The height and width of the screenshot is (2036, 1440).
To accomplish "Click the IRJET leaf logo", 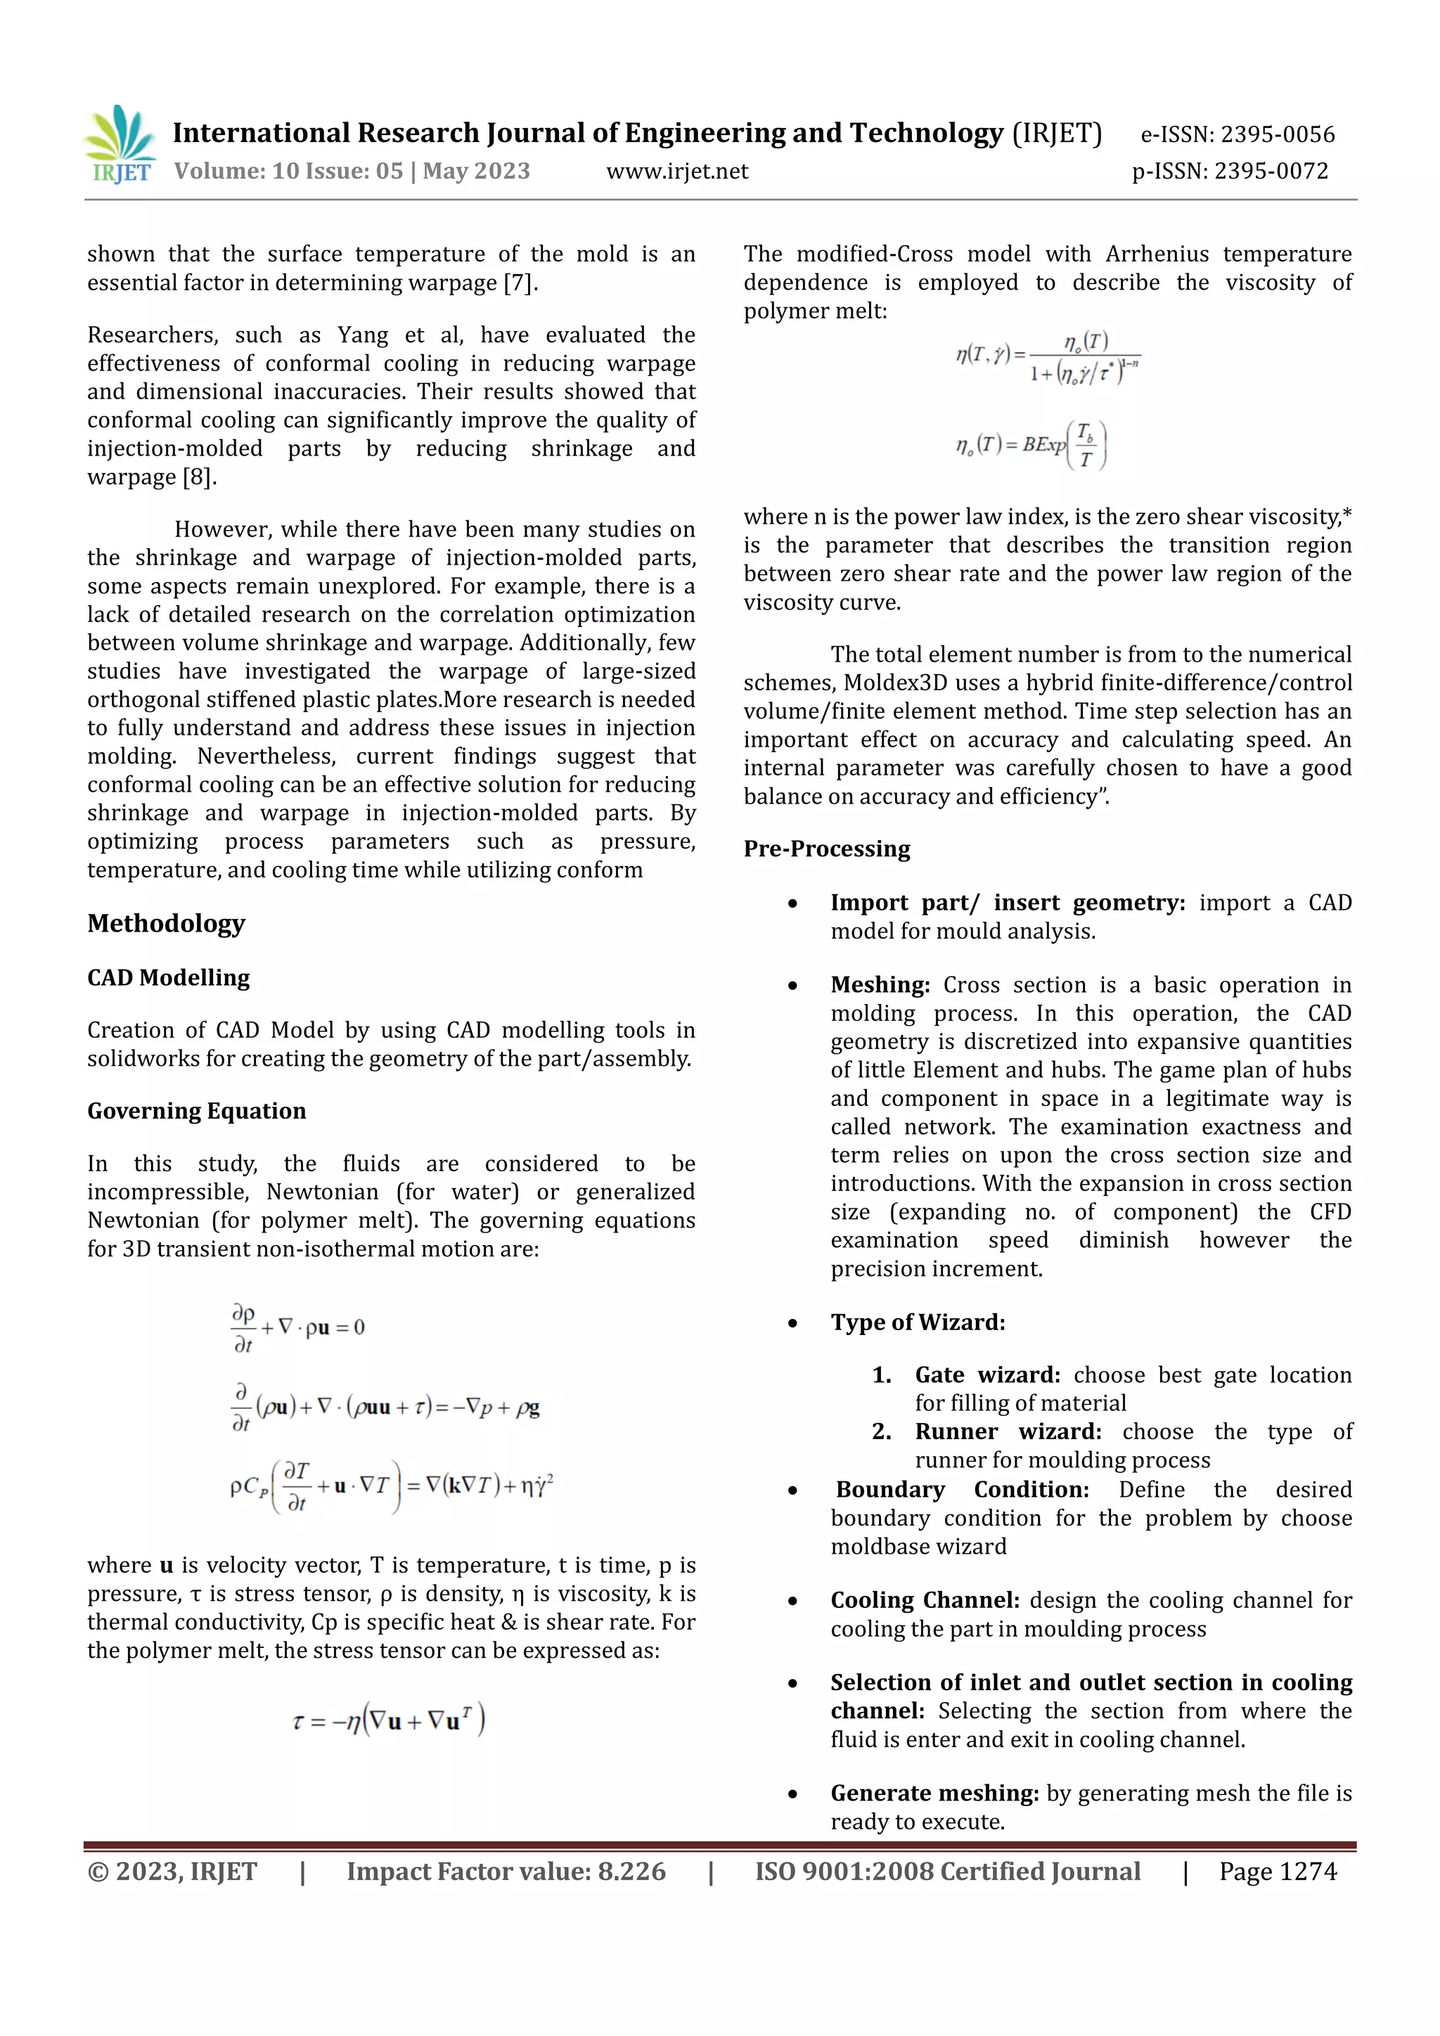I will point(122,143).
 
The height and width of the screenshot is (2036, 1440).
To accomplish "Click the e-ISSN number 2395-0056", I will point(1237,135).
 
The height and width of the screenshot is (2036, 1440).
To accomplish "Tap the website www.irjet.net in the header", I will point(676,171).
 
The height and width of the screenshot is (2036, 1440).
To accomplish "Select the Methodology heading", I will point(166,923).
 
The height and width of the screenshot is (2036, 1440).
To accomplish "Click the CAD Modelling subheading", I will point(169,977).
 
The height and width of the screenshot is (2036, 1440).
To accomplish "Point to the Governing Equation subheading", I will point(196,1111).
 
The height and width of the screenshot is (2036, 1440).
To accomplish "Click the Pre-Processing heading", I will point(826,849).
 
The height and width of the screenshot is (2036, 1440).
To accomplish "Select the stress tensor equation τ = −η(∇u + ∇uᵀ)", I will point(388,1721).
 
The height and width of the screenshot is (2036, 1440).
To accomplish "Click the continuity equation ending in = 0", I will point(298,1327).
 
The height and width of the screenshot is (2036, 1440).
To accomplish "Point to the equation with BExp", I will point(1031,445).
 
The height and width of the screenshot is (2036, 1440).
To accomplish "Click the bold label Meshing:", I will point(880,985).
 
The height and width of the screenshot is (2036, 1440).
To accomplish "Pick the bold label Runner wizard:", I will point(1008,1431).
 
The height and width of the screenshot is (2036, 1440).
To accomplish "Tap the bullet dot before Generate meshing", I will point(792,1795).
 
